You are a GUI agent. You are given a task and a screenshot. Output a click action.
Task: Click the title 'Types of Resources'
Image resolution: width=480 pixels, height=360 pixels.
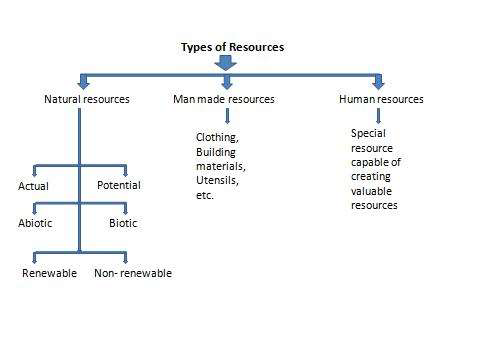click(232, 47)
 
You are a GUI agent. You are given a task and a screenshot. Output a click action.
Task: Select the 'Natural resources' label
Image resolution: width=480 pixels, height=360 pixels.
click(87, 99)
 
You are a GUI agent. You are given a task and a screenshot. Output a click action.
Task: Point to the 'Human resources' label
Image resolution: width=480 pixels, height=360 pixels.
click(382, 99)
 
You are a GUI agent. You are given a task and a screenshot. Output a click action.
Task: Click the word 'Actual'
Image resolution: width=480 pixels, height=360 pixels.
click(33, 186)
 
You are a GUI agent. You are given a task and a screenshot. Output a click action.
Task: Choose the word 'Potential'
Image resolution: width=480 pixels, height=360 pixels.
click(119, 185)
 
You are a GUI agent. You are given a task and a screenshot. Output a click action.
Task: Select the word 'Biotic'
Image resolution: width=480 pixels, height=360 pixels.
click(123, 223)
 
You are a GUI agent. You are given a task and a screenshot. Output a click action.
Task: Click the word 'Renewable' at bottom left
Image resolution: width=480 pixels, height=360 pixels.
click(49, 273)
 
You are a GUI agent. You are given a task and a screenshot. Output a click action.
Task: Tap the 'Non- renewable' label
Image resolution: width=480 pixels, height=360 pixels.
click(133, 273)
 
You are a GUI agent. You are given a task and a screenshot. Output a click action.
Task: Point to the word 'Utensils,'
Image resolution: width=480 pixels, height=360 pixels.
click(218, 181)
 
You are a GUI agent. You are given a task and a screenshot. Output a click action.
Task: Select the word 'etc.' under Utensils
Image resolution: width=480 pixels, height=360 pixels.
click(205, 196)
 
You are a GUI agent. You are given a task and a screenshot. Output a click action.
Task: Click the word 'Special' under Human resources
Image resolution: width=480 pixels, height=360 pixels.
click(368, 132)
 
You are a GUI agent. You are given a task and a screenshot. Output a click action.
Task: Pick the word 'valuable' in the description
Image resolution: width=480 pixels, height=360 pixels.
click(372, 190)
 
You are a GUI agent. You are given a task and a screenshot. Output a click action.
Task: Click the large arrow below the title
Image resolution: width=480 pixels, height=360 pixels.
click(229, 63)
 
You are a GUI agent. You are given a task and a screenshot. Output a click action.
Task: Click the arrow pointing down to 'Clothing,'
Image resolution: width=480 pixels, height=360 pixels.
click(227, 116)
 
